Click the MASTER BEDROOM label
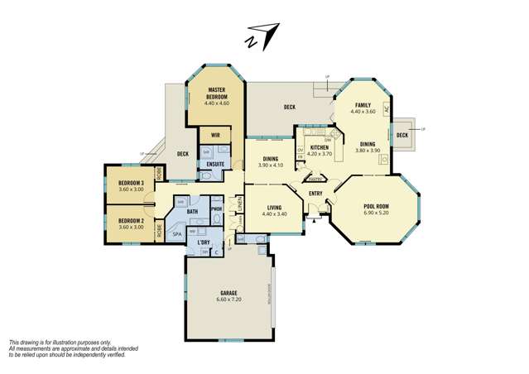216,93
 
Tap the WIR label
215,135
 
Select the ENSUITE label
214,164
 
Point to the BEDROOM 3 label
132,183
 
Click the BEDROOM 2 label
132,221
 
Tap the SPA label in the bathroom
176,235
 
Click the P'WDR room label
216,209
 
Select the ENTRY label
315,194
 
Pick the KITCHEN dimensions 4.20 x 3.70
320,154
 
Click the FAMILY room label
363,105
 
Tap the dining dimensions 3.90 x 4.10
272,165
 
